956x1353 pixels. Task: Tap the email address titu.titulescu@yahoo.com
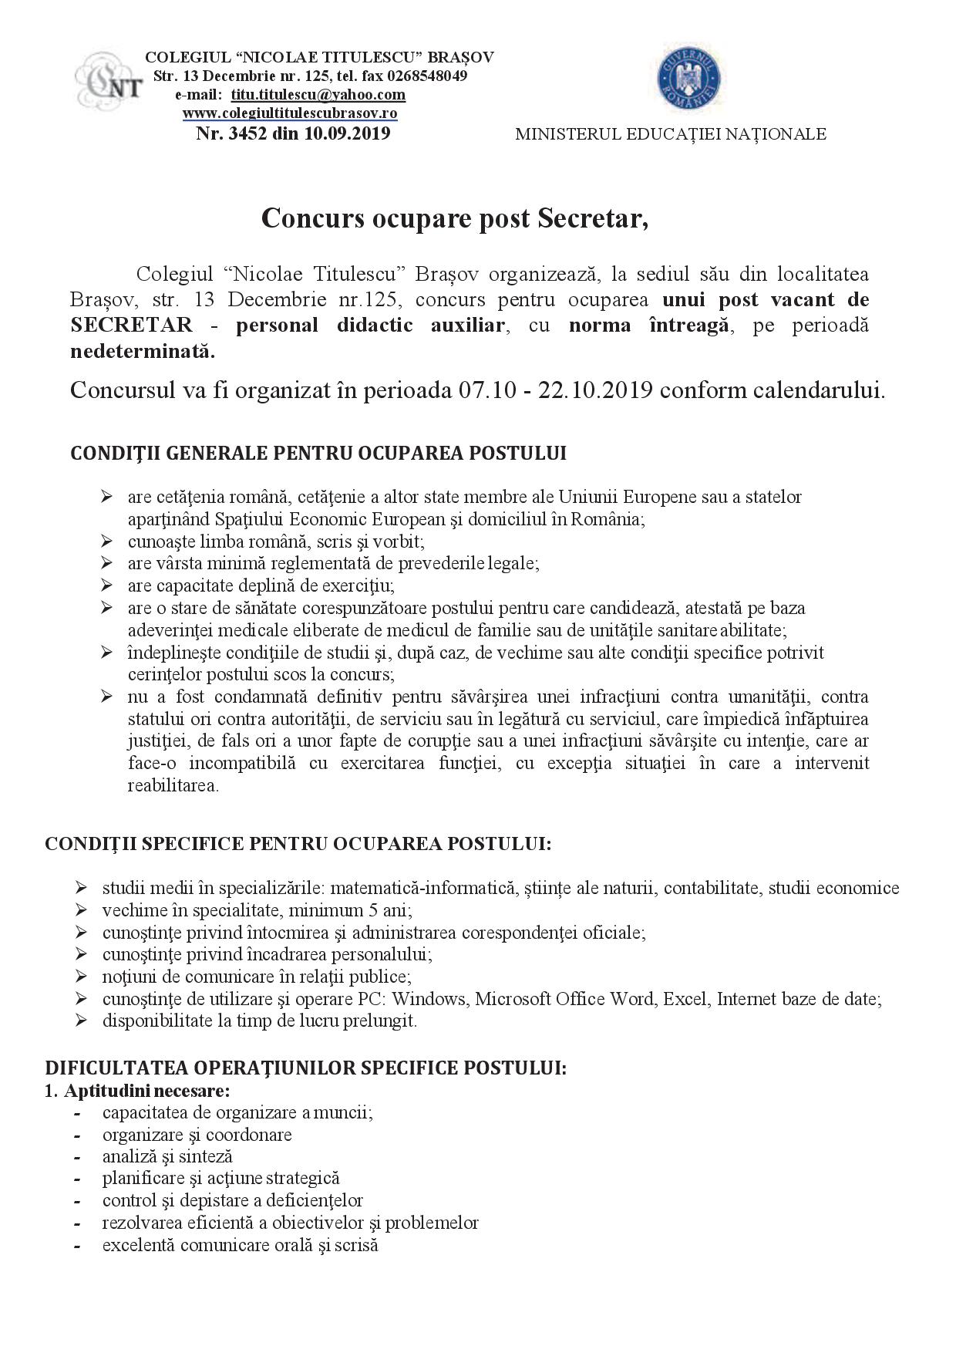[318, 95]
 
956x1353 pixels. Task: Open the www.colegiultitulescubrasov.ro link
[290, 113]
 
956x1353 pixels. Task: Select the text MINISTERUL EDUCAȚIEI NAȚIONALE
[670, 134]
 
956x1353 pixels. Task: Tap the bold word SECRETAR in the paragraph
[132, 326]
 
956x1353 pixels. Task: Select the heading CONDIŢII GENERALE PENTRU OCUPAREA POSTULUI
[318, 453]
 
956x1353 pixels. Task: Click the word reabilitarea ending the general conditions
[173, 786]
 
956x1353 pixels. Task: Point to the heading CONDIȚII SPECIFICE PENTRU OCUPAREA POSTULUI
[298, 843]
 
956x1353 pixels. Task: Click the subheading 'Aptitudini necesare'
[147, 1092]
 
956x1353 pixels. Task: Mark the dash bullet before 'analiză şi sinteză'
[77, 1157]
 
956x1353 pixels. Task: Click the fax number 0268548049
[422, 76]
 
